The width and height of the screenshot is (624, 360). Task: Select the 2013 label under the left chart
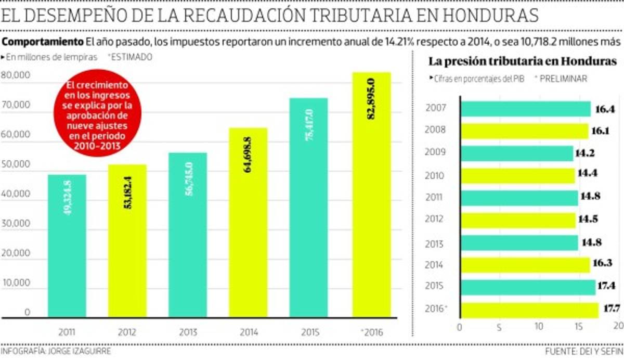(188, 331)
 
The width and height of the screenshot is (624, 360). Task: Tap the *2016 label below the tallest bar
(370, 331)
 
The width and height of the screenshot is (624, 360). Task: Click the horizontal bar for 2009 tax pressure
(517, 153)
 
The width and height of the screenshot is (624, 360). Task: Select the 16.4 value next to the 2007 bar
(603, 109)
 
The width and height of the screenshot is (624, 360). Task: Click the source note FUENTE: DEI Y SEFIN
(583, 352)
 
